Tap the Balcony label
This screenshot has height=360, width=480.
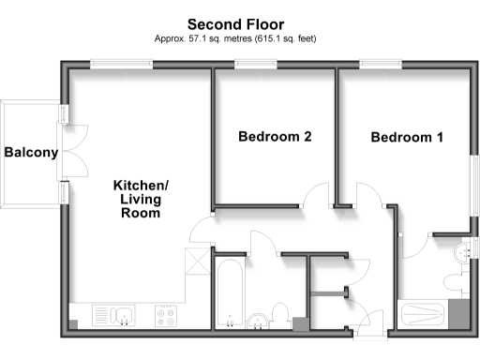30,153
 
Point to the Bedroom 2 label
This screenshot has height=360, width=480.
275,137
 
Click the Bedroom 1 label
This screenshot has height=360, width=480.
407,138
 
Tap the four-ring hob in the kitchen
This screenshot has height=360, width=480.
166,315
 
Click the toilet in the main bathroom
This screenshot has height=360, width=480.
278,313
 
